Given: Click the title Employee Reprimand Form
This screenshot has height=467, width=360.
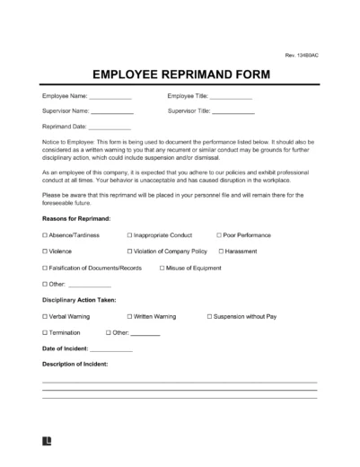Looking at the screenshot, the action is click(x=180, y=76).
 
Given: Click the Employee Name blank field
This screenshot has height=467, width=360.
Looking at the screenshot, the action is click(x=110, y=97).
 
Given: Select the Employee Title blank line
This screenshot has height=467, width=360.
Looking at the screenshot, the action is click(x=231, y=97).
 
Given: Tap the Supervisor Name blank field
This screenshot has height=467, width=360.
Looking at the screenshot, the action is click(x=113, y=112).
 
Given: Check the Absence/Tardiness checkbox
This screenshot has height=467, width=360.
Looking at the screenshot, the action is click(x=45, y=234).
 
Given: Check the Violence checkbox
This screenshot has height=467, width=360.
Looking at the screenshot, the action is click(x=45, y=251).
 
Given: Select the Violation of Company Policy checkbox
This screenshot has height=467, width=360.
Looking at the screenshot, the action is click(x=130, y=251).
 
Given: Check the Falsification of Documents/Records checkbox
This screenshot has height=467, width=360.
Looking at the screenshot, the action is click(x=45, y=268).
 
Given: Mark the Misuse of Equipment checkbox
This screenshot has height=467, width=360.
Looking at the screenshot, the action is click(x=162, y=268).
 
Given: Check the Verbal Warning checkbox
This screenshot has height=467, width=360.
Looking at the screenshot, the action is click(x=45, y=316).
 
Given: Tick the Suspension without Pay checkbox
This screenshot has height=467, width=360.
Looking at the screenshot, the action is click(x=209, y=316).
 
